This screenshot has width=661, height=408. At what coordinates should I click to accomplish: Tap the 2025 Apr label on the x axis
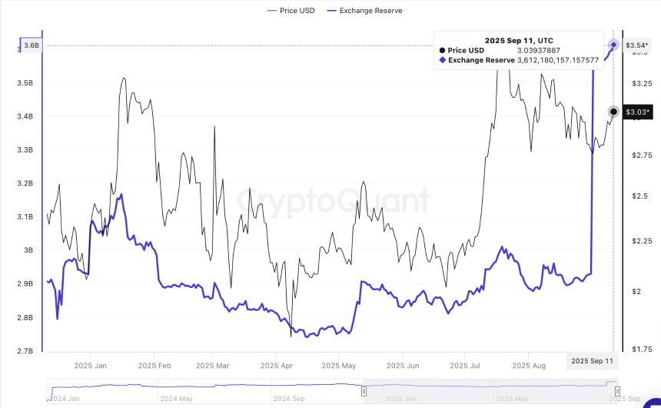coord(277,366)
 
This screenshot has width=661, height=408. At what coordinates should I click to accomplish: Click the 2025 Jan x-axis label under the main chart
coord(90,366)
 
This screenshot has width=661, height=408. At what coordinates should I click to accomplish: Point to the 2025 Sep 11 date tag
coord(593,361)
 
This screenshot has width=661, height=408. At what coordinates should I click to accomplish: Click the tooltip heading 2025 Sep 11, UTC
coord(518,40)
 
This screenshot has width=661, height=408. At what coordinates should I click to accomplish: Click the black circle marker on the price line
coord(613,112)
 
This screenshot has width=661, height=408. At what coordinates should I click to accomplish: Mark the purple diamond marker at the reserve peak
coord(613,45)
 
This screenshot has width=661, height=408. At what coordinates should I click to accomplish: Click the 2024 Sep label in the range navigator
coord(290,399)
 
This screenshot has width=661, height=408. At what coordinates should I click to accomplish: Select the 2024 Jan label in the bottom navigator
coord(65,399)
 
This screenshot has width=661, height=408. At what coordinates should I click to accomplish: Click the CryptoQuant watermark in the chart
coord(333,202)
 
